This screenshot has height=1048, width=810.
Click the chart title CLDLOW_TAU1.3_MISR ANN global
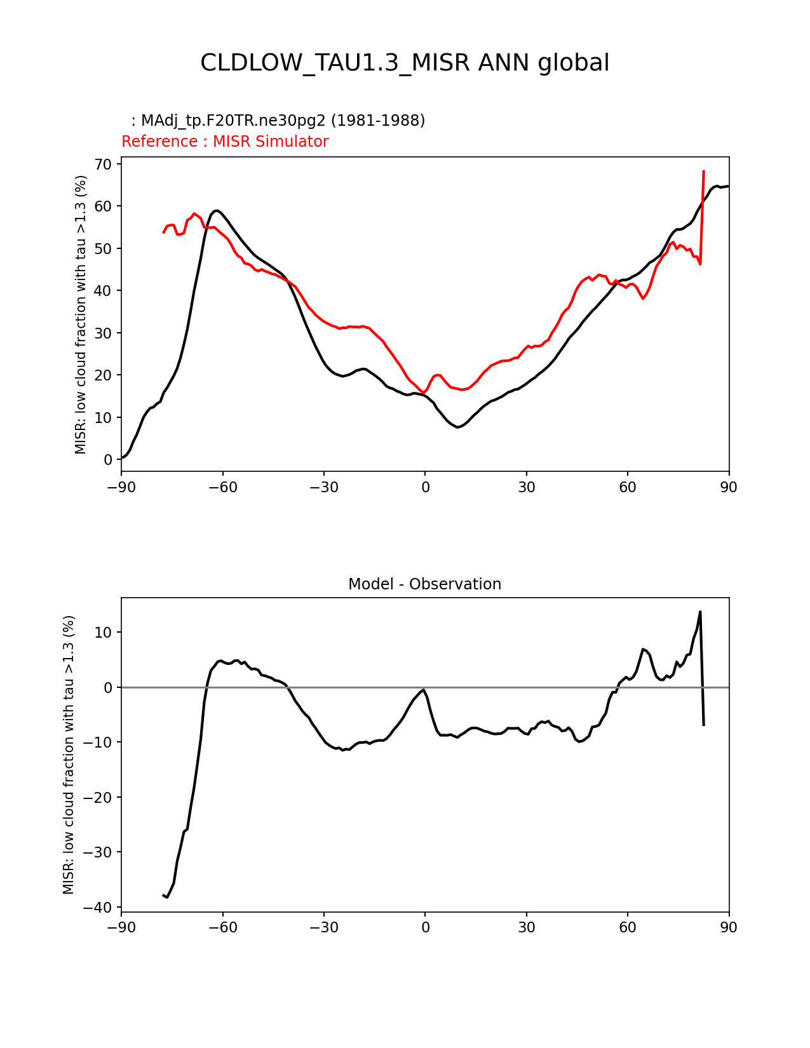click(x=405, y=63)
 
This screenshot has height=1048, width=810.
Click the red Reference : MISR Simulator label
click(x=225, y=142)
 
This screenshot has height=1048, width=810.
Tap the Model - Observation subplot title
click(x=424, y=584)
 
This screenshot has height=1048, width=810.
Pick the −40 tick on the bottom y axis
click(x=98, y=908)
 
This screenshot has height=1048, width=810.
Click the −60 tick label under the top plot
click(x=222, y=487)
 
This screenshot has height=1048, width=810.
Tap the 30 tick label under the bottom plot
click(x=526, y=927)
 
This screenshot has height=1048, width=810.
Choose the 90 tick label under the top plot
click(x=729, y=487)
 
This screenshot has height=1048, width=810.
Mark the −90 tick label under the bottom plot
click(x=121, y=927)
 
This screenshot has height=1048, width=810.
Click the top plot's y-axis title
click(x=81, y=314)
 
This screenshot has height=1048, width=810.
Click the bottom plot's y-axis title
click(x=69, y=755)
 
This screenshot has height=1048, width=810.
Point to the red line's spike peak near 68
click(x=704, y=171)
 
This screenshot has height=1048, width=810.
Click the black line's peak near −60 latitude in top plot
click(x=217, y=210)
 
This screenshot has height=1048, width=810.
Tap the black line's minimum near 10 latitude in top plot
click(x=457, y=427)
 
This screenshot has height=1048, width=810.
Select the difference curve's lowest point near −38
click(x=167, y=897)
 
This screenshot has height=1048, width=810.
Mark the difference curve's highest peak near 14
click(x=700, y=612)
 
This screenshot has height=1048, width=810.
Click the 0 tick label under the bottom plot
click(x=425, y=927)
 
